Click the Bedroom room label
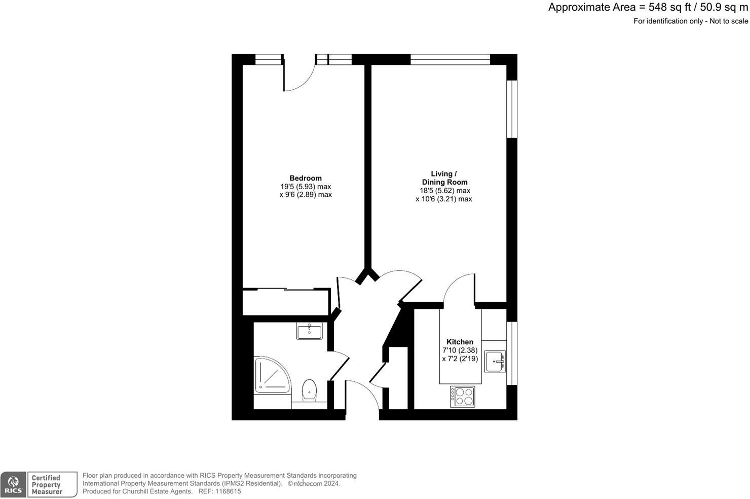coord(306,178)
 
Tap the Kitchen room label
coord(460,342)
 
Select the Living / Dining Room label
coord(444,178)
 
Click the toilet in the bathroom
coord(309,390)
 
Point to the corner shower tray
coord(271,375)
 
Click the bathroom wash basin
coord(310,332)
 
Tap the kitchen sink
coord(495,361)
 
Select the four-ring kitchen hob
coord(463,396)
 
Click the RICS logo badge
coord(14,484)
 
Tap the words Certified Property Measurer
coord(47,485)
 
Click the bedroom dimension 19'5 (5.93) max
coord(306,186)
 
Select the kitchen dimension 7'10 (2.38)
coord(460,350)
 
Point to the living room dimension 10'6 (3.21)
coord(443,199)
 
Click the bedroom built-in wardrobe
coord(286,302)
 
